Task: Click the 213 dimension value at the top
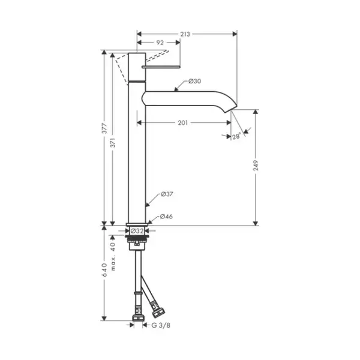[185, 34]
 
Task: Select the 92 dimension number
[160, 43]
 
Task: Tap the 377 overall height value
[104, 128]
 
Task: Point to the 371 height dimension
[113, 143]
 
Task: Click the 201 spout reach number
[183, 123]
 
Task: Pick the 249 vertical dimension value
[256, 166]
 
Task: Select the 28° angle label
[237, 136]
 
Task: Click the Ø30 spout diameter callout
[194, 81]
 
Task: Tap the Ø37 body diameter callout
[167, 194]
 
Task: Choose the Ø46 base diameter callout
[166, 217]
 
